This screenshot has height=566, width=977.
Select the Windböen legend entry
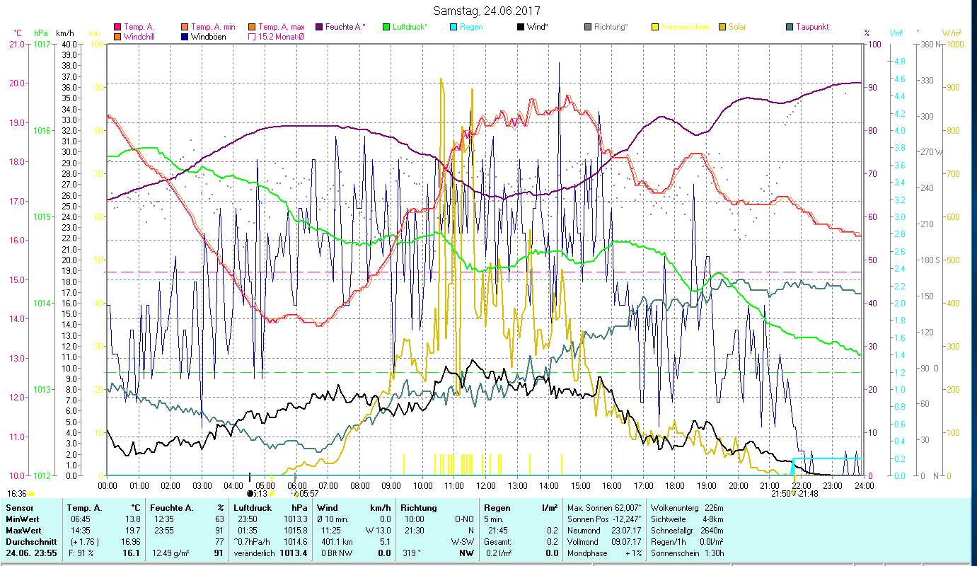208,36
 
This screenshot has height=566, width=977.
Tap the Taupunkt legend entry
811,27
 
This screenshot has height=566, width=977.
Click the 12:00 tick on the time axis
486,485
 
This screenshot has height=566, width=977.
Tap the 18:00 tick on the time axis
675,485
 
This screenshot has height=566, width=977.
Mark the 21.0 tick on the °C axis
16,44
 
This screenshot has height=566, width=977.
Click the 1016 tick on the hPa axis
42,130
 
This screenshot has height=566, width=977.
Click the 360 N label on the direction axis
930,44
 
